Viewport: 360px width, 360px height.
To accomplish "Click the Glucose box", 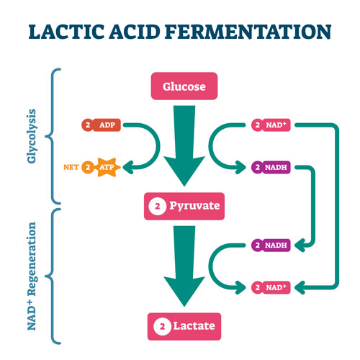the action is [x=184, y=86].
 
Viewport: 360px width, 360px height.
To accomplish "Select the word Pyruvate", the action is [x=194, y=206].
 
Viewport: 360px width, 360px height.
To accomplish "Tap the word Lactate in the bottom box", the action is [x=194, y=326].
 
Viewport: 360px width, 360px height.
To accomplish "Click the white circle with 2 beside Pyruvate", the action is [x=157, y=206].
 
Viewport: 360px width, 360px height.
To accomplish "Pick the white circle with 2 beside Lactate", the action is [x=162, y=326].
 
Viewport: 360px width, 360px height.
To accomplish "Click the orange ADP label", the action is [x=101, y=125].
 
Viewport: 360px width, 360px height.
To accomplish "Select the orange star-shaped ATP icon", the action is [x=107, y=167].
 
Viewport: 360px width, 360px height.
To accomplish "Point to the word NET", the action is [x=71, y=167].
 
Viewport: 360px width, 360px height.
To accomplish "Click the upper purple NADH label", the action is [x=271, y=167].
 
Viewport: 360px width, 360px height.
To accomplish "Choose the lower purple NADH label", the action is [x=271, y=246].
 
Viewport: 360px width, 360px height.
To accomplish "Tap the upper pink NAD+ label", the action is [x=271, y=125].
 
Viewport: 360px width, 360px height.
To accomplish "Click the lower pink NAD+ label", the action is [x=271, y=287].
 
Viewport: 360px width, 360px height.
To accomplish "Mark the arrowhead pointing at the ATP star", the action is [x=127, y=167].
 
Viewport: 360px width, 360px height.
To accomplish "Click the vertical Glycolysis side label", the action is [x=32, y=136].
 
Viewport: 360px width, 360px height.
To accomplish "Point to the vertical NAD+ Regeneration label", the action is [x=32, y=276].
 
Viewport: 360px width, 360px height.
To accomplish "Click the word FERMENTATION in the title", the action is [x=248, y=32].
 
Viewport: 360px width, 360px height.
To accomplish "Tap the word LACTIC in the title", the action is [x=66, y=32].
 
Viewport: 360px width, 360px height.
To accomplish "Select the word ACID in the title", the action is [x=135, y=32].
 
